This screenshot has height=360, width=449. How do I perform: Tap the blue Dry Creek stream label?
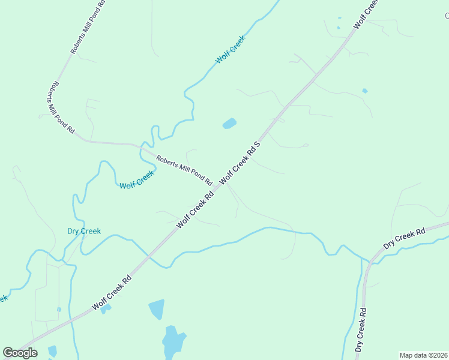pos(83,231)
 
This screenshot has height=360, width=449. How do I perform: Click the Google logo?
pos(20,353)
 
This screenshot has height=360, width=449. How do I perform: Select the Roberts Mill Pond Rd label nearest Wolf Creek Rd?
pos(184,170)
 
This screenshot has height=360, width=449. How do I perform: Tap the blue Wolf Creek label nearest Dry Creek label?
pos(137,179)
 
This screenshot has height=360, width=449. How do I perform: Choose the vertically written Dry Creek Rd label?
pos(361,330)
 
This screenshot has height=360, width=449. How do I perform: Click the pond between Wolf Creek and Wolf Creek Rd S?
pos(229,124)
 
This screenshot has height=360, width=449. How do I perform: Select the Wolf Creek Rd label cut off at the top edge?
pos(367,13)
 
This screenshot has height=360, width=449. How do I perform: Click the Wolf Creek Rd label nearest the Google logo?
pos(112,293)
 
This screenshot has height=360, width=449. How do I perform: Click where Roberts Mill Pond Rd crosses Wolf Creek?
pos(143,146)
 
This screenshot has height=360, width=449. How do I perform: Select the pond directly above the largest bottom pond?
pos(156,310)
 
